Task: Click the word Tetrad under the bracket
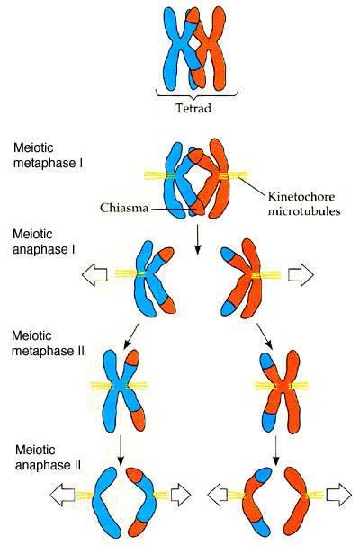(193, 108)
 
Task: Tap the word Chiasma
(124, 208)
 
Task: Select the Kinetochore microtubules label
(304, 203)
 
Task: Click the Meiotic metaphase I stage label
(48, 156)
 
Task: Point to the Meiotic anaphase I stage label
(44, 242)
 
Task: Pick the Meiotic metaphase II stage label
(48, 343)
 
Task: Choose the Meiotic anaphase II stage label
(48, 457)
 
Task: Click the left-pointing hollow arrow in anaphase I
(94, 274)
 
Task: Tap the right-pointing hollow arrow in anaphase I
(301, 274)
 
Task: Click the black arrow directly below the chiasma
(198, 239)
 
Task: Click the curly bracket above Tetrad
(197, 94)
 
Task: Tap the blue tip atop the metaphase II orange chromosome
(267, 361)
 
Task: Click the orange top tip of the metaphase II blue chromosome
(133, 358)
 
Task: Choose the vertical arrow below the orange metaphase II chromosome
(276, 451)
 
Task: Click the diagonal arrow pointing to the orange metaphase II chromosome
(265, 336)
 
